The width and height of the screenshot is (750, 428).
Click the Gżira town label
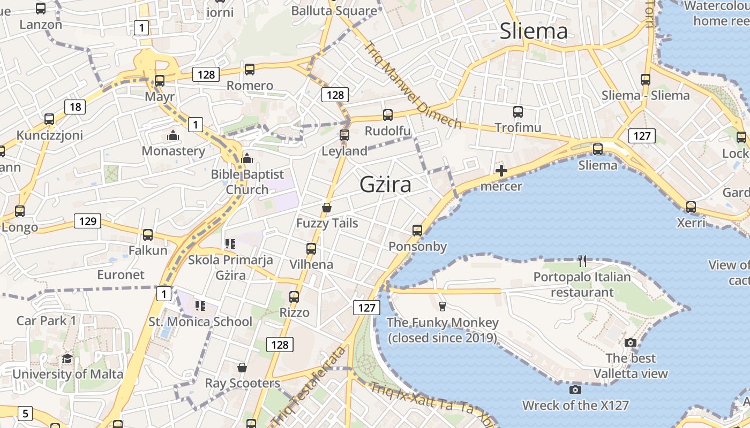point(385,185)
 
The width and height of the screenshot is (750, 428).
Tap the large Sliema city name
point(533,31)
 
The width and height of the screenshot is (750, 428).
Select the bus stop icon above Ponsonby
point(417,231)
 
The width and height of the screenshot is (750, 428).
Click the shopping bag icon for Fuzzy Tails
point(327,208)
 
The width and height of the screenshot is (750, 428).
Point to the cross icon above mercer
point(501,171)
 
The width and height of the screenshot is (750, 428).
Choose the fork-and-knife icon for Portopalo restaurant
point(582,261)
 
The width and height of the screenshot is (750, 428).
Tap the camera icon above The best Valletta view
point(631,342)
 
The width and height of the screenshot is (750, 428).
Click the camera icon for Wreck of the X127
point(575,389)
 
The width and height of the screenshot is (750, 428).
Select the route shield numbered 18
point(75,106)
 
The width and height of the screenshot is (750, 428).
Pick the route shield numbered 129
point(87,221)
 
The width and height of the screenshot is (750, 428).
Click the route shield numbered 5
point(25,413)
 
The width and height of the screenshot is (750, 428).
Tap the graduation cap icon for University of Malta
point(67,358)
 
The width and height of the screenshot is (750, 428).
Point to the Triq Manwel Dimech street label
point(412,86)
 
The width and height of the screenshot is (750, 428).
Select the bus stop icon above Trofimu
point(517,112)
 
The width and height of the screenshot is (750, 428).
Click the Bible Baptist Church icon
point(247,158)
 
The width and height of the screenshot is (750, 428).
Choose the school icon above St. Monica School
point(200,306)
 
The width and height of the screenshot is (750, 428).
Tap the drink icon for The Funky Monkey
point(442,307)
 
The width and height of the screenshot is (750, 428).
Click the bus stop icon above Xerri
point(691,207)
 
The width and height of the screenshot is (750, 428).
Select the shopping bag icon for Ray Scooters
point(242,368)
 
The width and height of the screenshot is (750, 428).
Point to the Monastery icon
point(172,135)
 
